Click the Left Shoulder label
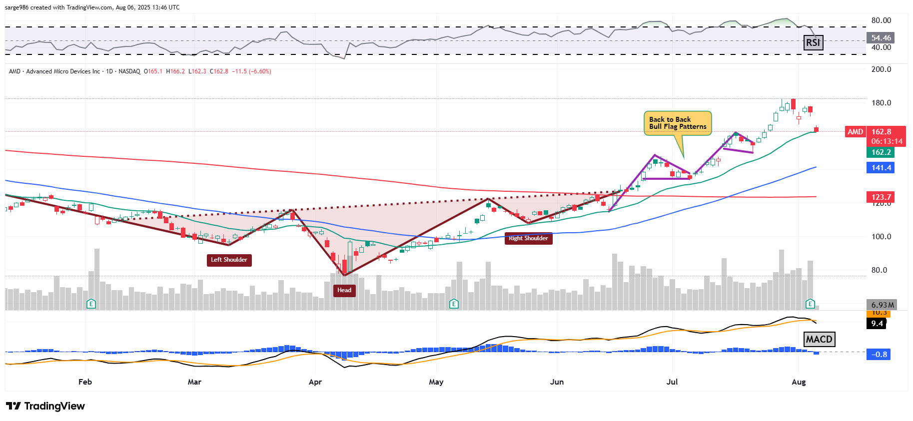(229, 260)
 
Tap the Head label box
(344, 290)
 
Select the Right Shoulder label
(528, 238)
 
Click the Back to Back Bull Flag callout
(677, 123)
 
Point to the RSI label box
(813, 42)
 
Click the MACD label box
(819, 340)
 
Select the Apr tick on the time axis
(315, 382)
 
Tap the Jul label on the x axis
(672, 382)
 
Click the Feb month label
(85, 382)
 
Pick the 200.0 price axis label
(881, 69)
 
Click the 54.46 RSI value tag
(881, 38)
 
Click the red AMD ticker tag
(855, 132)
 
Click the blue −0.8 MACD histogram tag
(879, 355)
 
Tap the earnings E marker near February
(91, 304)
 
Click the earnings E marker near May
(454, 304)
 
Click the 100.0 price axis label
(881, 237)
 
